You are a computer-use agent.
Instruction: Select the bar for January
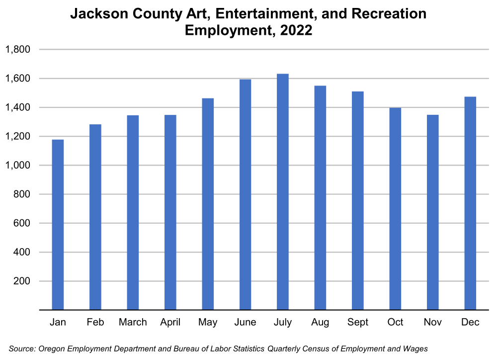58,224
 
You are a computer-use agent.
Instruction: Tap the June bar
245,194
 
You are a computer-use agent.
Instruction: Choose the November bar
432,212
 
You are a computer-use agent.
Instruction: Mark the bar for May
208,204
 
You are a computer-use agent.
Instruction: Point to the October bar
395,209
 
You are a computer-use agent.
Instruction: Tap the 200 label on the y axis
22,281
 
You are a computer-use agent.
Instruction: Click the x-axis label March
133,322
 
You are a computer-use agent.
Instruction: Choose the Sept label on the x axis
358,322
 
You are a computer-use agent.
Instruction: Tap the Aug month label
320,322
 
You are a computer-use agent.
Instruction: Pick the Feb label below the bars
95,322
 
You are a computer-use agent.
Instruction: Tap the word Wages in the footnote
415,349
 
